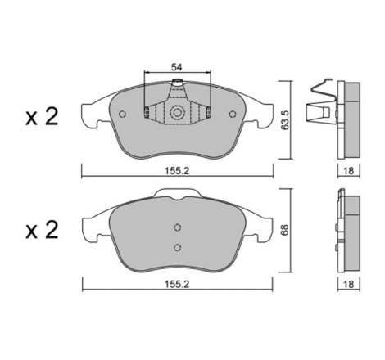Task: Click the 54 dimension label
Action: coord(176,67)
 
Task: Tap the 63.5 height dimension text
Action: coord(285,120)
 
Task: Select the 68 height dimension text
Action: coord(285,230)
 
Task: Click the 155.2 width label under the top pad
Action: coord(177,171)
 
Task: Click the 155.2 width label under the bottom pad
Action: coord(177,284)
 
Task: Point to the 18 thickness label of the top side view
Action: coord(349,171)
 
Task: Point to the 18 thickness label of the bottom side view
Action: coord(349,284)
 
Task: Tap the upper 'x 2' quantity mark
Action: coord(42,117)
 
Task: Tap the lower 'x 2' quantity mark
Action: coord(42,231)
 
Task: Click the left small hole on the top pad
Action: coord(123,114)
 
